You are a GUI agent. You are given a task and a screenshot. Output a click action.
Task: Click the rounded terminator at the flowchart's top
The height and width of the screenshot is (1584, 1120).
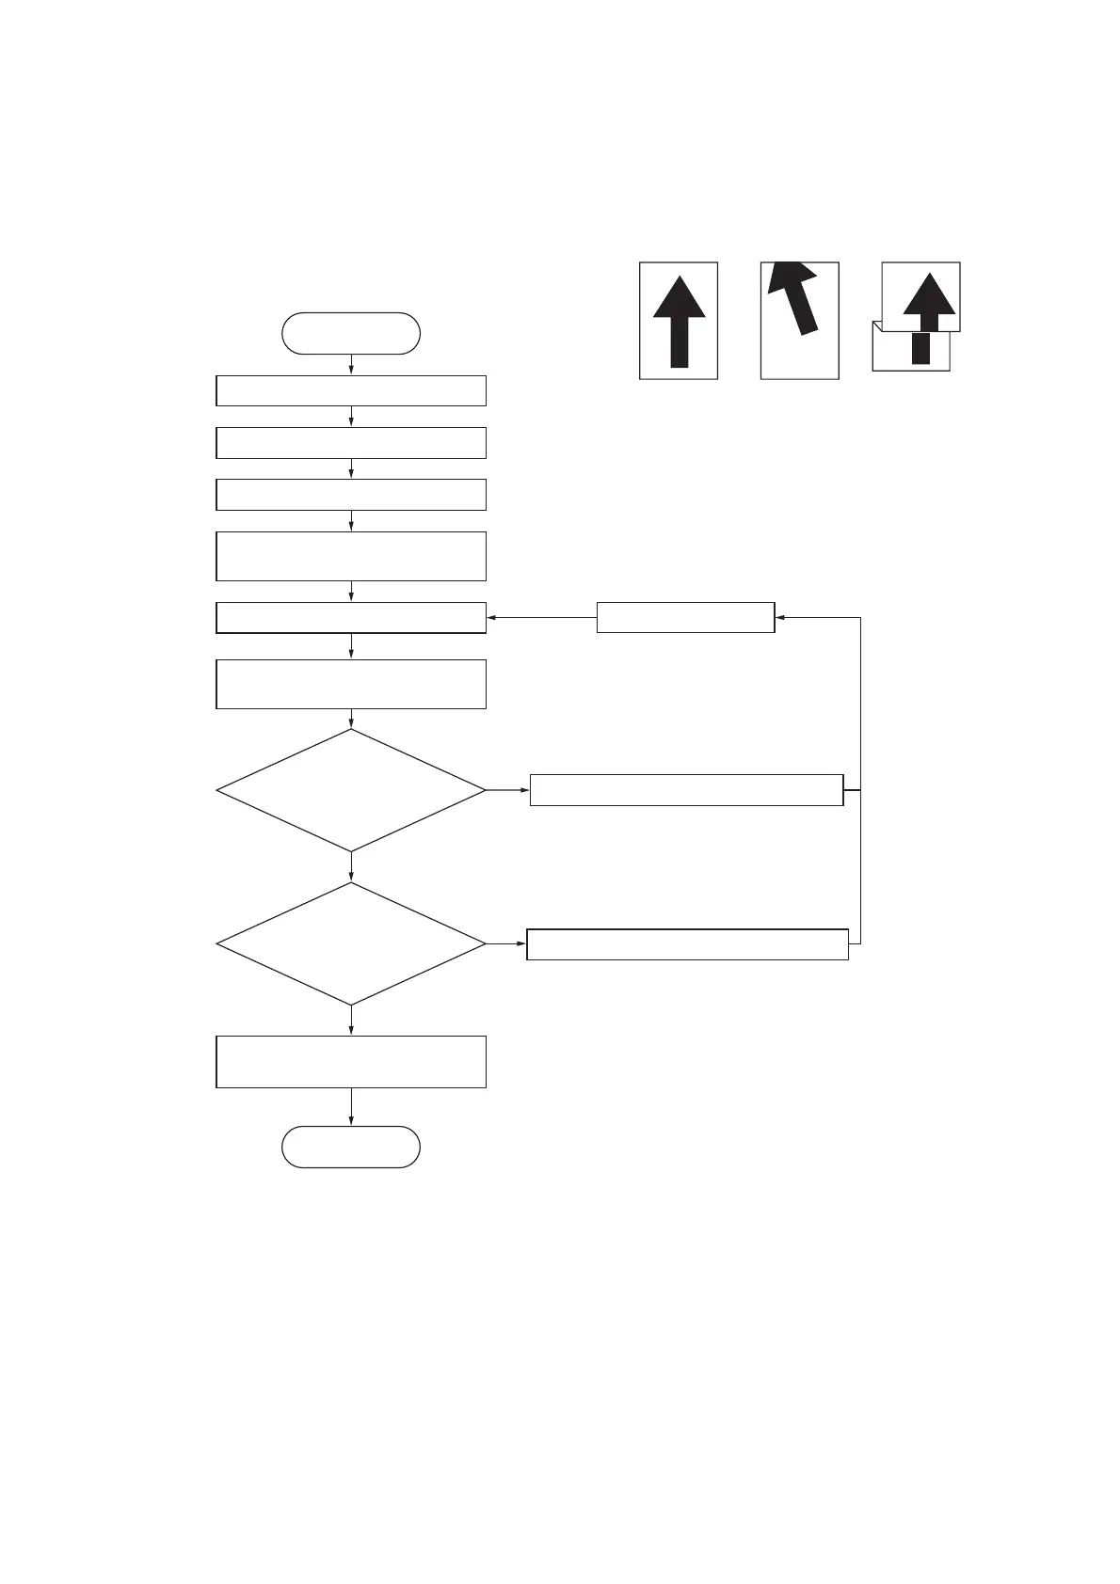[350, 333]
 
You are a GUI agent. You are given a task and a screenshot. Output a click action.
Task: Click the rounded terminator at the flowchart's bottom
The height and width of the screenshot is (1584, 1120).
[350, 1147]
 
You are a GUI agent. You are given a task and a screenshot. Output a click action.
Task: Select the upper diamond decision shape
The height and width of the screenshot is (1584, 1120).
[350, 790]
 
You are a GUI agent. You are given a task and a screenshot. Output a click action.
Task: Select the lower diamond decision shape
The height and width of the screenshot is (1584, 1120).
[350, 943]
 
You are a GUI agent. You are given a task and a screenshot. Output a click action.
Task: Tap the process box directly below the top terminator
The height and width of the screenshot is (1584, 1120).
[350, 390]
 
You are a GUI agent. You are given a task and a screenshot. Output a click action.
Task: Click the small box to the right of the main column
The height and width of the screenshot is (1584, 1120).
[685, 618]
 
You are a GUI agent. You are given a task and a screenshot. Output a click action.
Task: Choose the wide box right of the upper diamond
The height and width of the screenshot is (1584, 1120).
[685, 790]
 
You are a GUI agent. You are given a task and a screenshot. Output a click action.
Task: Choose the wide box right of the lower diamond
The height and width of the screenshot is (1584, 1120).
[687, 943]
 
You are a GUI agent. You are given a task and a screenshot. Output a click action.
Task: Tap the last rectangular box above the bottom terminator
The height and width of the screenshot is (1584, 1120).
[350, 1062]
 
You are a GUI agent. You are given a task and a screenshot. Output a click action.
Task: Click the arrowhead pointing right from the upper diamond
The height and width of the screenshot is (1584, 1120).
[524, 790]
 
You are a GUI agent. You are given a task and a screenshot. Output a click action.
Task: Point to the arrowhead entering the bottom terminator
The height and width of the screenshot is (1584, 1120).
[351, 1120]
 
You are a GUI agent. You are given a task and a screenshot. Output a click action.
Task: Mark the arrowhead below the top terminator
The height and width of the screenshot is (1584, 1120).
[351, 370]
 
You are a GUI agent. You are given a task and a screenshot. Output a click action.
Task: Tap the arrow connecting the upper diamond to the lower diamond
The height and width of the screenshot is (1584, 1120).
[351, 867]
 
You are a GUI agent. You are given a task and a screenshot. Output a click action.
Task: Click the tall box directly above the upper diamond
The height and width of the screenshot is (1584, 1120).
[350, 684]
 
